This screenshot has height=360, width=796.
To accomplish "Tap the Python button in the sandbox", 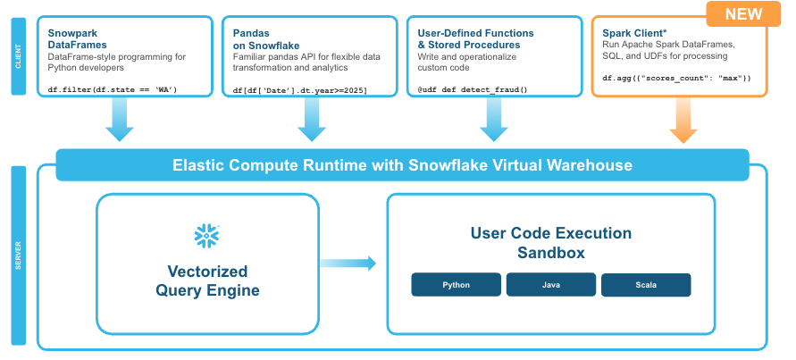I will (456, 285).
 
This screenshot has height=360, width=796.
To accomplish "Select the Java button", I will (550, 285).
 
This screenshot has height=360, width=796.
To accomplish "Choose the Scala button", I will (645, 285).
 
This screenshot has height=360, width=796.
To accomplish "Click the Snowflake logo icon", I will (206, 235).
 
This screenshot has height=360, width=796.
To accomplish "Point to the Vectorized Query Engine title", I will (207, 280).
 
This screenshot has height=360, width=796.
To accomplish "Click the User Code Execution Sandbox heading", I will (550, 243).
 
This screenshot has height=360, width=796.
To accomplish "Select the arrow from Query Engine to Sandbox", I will (348, 263).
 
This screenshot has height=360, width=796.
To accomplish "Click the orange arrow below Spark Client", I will (683, 120).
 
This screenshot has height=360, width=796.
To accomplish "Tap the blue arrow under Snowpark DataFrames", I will (119, 120).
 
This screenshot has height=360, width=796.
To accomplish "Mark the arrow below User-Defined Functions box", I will (494, 120).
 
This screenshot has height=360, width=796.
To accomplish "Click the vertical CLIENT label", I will (18, 54).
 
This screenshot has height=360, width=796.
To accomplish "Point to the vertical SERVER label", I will (18, 255).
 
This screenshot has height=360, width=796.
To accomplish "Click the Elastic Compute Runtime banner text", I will (402, 165).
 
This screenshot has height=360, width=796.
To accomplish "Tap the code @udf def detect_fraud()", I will (473, 89).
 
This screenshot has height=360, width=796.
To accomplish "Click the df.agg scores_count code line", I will (676, 79).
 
